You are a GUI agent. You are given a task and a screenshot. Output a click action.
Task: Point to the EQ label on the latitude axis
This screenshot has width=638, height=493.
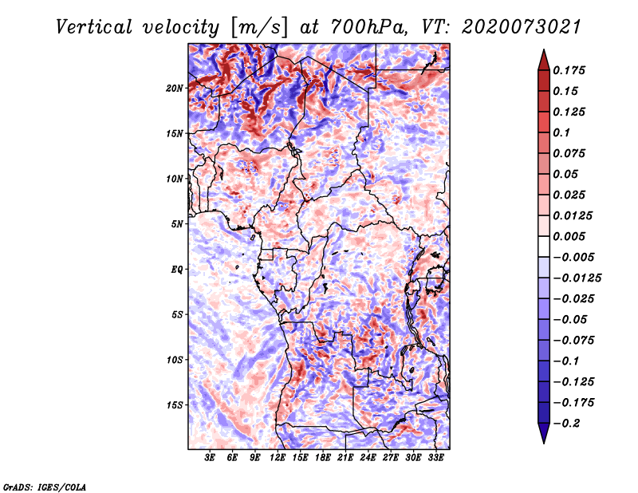[177, 269]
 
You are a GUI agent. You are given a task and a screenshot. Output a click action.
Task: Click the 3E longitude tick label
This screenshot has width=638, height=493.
[210, 459]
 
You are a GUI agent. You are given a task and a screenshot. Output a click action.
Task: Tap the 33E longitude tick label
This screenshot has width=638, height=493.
[436, 459]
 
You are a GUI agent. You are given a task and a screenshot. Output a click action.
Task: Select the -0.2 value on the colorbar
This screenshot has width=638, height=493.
[569, 423]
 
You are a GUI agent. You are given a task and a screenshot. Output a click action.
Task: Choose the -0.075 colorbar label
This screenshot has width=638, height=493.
[574, 340]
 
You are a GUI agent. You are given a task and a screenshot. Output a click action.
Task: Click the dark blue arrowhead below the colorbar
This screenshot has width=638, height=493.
[542, 435]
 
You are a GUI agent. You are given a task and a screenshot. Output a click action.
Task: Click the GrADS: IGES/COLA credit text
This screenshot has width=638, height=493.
[44, 486]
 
